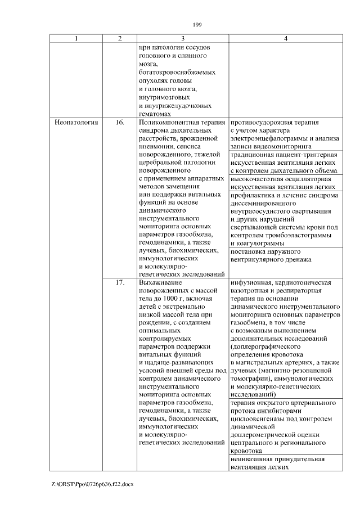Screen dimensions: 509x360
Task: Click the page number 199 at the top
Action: click(197, 24)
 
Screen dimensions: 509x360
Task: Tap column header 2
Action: click(119, 39)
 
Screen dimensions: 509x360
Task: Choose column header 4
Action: click(285, 39)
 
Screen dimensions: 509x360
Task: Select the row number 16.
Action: click(119, 122)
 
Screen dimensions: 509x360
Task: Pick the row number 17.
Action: click(119, 283)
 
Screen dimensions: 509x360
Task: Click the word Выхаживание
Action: click(159, 283)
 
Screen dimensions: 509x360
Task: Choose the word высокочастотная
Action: click(256, 179)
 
